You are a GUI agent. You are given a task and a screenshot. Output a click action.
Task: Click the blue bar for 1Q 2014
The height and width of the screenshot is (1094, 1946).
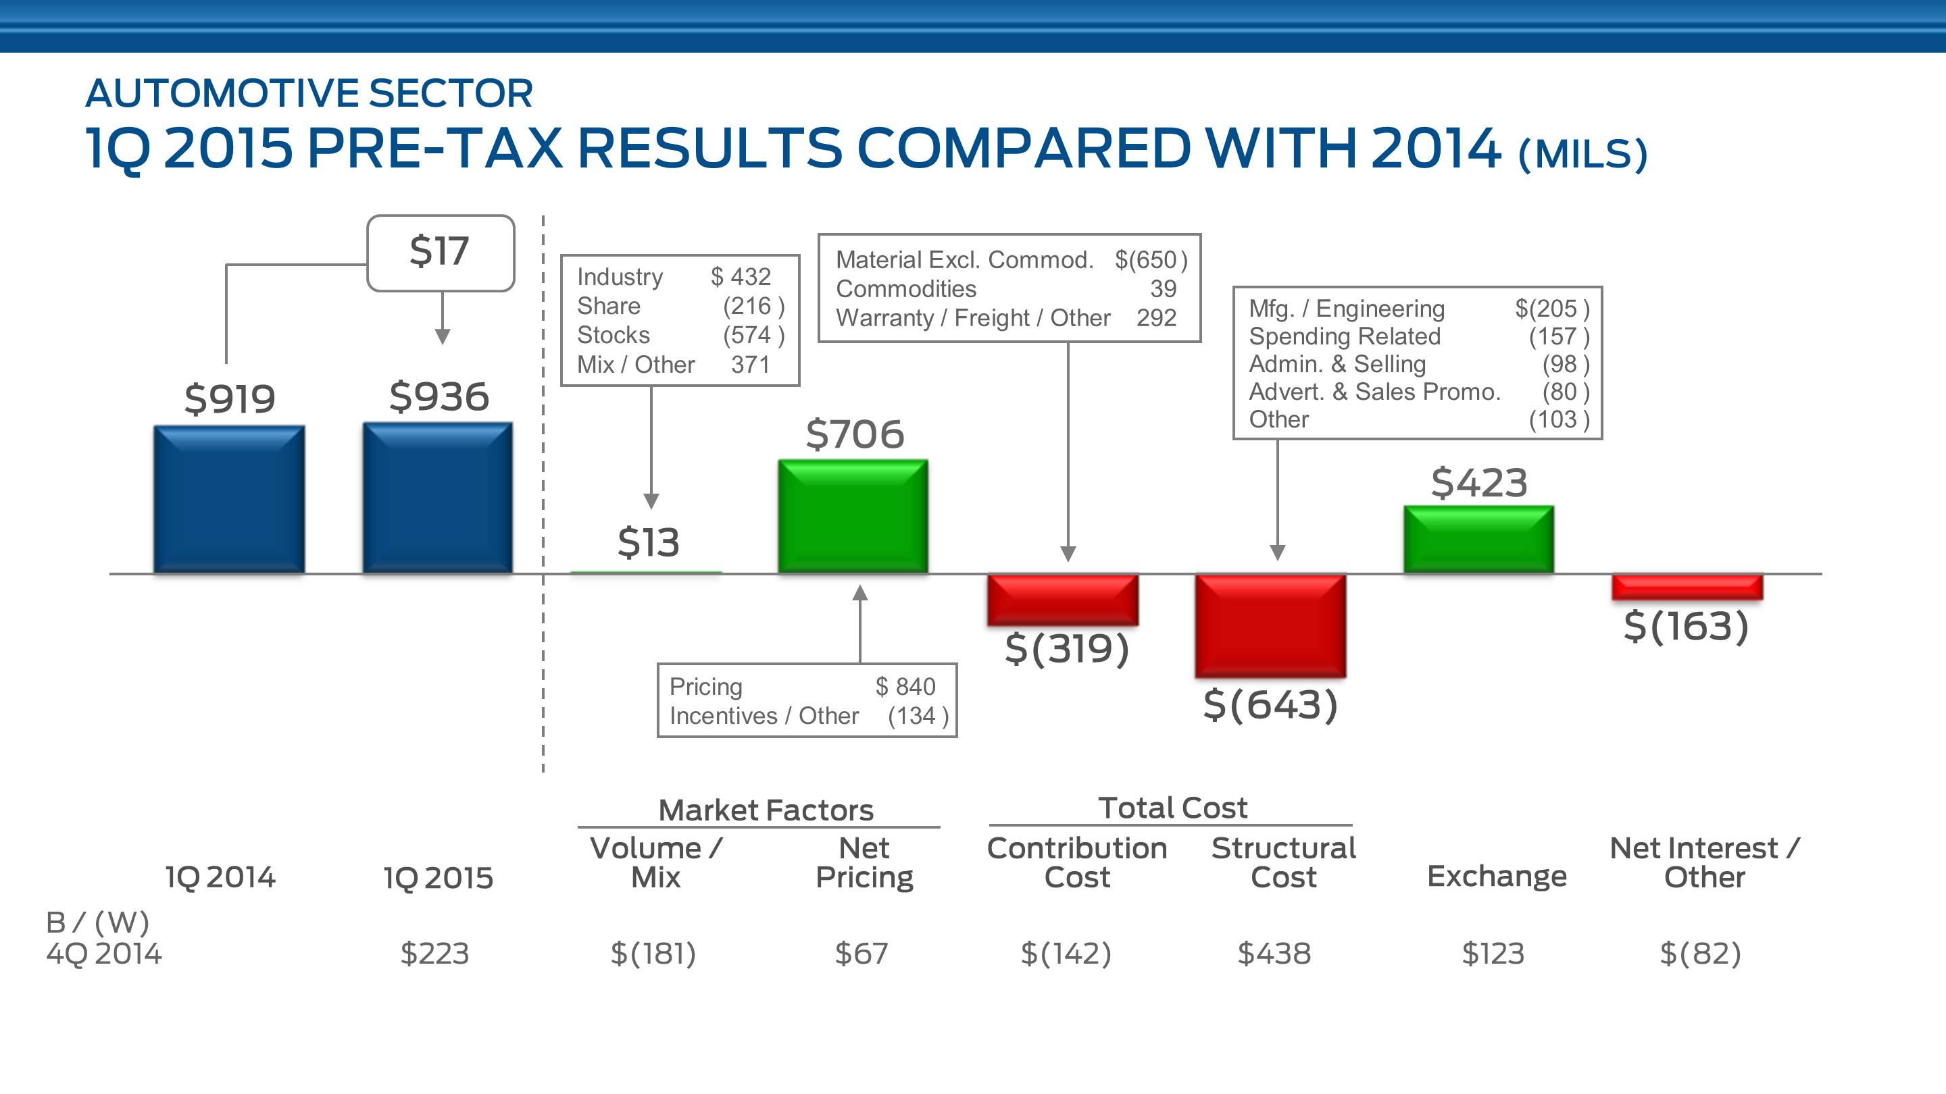pyautogui.click(x=229, y=499)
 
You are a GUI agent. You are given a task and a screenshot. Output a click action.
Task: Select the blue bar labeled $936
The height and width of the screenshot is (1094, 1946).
pyautogui.click(x=437, y=498)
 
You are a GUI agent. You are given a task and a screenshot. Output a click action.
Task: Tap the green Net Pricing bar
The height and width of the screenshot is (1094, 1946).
pyautogui.click(x=853, y=517)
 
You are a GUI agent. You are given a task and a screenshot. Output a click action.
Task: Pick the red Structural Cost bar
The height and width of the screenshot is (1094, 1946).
pyautogui.click(x=1270, y=625)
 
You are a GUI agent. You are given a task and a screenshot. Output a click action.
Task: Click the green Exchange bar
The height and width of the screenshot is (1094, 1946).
pyautogui.click(x=1478, y=539)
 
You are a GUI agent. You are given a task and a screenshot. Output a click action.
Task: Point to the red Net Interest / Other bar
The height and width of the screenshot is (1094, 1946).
pyautogui.click(x=1687, y=588)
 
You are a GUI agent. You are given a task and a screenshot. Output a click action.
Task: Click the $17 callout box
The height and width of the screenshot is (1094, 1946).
pyautogui.click(x=441, y=252)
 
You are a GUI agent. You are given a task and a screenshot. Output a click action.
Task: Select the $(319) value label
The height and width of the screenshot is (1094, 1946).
pyautogui.click(x=1067, y=648)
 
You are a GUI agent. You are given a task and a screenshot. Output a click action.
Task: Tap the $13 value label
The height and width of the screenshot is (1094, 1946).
pyautogui.click(x=648, y=542)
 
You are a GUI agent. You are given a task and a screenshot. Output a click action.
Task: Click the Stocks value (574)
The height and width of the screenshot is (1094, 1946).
pyautogui.click(x=753, y=334)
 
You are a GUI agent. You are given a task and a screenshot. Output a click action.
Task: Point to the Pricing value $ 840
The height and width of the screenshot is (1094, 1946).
pyautogui.click(x=905, y=686)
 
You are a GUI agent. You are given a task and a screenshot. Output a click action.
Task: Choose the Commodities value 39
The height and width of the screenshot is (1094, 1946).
pyautogui.click(x=1163, y=288)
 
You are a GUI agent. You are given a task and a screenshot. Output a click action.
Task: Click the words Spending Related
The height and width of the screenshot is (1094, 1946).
pyautogui.click(x=1345, y=336)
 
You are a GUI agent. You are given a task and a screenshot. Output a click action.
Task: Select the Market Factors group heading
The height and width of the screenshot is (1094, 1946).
pyautogui.click(x=766, y=810)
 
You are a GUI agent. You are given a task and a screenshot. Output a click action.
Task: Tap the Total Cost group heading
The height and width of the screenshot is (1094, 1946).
pyautogui.click(x=1172, y=808)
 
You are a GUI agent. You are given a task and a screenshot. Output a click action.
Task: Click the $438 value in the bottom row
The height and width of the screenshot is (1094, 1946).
pyautogui.click(x=1274, y=954)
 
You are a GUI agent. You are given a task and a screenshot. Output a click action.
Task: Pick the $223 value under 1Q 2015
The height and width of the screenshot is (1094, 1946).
pyautogui.click(x=434, y=954)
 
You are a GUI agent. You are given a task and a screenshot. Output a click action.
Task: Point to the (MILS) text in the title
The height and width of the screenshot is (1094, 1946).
pyautogui.click(x=1582, y=154)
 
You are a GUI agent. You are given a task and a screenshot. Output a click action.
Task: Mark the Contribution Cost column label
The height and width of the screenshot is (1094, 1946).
pyautogui.click(x=1076, y=862)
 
